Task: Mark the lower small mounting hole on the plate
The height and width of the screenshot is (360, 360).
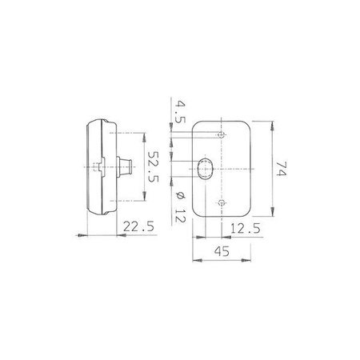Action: pyautogui.click(x=222, y=203)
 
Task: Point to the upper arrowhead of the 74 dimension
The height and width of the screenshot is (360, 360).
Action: pyautogui.click(x=274, y=124)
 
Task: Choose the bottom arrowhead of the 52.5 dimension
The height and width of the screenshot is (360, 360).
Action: pyautogui.click(x=143, y=201)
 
